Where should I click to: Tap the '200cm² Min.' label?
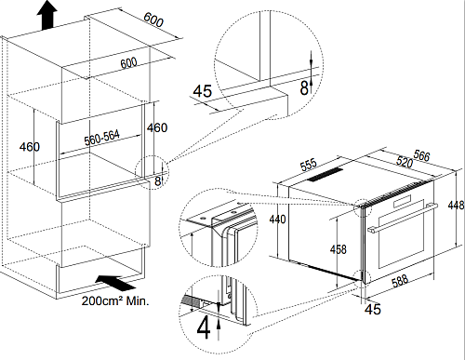115,300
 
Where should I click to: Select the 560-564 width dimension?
101,138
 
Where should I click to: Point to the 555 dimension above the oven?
309,165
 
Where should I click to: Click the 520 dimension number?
405,162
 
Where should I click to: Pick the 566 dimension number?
421,155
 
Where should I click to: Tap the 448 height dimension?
456,205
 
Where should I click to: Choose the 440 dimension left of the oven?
277,220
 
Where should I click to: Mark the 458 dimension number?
339,249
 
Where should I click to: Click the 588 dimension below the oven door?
400,281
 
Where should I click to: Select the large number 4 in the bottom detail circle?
204,328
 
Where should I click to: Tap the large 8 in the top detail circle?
304,87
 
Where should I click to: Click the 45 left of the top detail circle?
203,91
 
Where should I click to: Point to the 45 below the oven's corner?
372,309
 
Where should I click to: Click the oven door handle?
403,218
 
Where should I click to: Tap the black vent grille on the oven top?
325,175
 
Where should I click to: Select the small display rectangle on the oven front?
402,201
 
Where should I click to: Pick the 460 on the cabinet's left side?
30,147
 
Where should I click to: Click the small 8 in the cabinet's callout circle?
157,181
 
